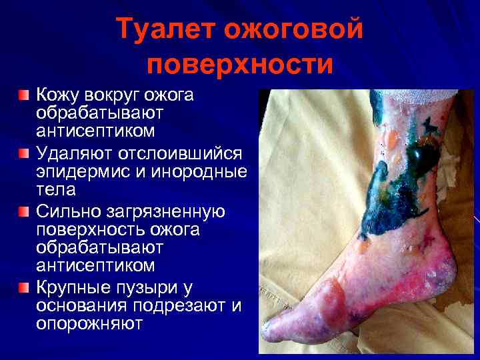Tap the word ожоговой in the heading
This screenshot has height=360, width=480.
293,30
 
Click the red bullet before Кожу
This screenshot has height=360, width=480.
24,95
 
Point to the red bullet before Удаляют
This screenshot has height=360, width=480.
24,154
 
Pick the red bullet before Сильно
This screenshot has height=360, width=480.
24,213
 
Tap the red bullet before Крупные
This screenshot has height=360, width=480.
24,288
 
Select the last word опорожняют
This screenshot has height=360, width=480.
89,325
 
